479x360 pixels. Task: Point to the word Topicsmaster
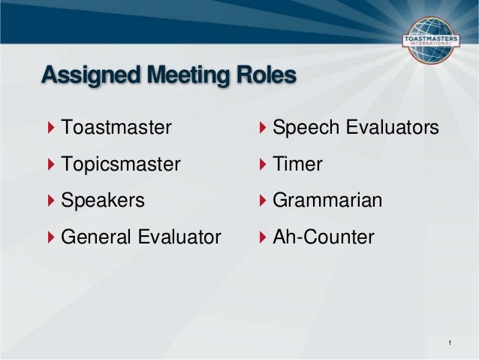click(120, 165)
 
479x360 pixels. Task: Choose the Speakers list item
click(102, 201)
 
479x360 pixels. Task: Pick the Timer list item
click(297, 165)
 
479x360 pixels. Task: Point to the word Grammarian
click(327, 201)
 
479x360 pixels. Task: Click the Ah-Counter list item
click(323, 237)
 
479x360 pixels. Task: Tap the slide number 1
click(448, 344)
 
